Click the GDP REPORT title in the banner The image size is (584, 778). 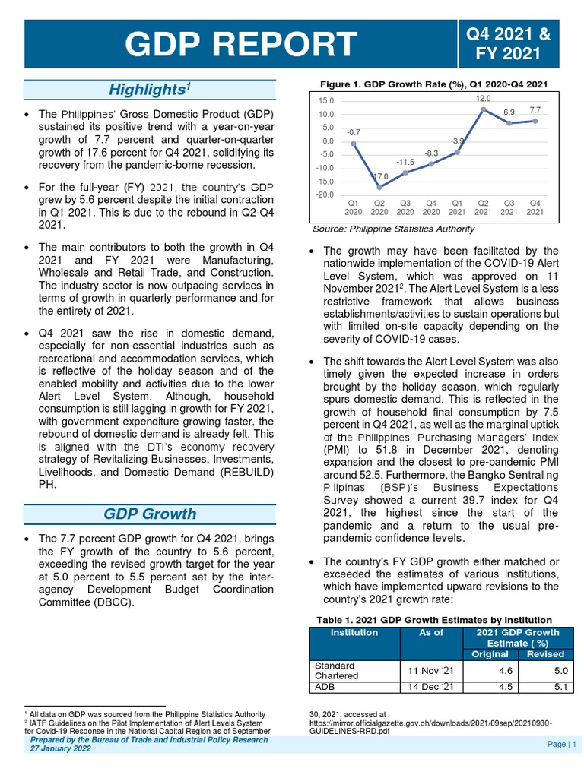click(241, 44)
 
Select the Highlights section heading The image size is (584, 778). click(149, 90)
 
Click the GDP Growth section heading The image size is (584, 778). click(149, 514)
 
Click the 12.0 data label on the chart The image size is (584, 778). click(484, 99)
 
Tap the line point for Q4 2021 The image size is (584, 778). click(535, 120)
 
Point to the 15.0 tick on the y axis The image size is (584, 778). click(326, 100)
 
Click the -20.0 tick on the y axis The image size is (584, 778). click(325, 195)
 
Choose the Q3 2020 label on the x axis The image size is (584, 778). click(405, 207)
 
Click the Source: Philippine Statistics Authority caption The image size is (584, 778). click(394, 229)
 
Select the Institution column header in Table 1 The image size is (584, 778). click(354, 633)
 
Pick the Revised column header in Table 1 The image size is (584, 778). click(545, 654)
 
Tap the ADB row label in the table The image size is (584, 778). click(325, 687)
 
